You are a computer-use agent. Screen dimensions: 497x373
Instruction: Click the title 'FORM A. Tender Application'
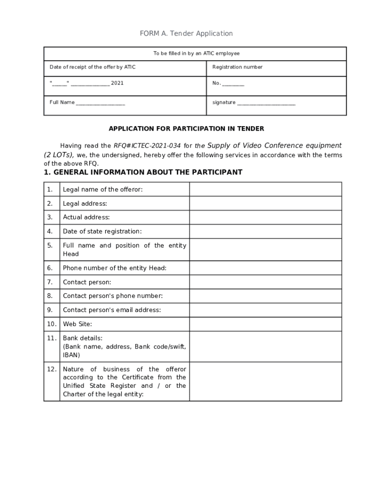[x=186, y=33]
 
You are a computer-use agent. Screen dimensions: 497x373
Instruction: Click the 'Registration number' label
[x=237, y=67]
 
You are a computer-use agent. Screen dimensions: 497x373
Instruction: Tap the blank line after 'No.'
[x=233, y=84]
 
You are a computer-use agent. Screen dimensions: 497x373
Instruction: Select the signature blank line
[x=266, y=103]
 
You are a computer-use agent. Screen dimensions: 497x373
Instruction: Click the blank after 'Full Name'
[x=100, y=103]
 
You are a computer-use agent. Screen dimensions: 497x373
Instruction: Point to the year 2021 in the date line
[x=117, y=83]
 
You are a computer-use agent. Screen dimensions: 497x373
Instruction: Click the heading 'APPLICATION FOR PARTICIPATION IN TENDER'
[x=186, y=129]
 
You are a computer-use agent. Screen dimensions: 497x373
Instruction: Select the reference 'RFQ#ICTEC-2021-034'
[x=147, y=146]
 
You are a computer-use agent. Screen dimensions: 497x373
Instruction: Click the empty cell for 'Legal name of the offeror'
[x=265, y=189]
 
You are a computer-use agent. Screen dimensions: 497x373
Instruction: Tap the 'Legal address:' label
[x=85, y=203]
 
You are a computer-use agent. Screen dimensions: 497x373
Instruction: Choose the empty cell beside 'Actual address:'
[x=265, y=217]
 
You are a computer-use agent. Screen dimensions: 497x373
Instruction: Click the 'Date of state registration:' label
[x=102, y=232]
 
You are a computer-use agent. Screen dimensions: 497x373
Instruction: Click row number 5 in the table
[x=50, y=246]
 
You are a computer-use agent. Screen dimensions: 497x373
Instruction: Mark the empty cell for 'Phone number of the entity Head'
[x=265, y=268]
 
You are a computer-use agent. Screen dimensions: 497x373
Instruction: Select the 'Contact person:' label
[x=87, y=282]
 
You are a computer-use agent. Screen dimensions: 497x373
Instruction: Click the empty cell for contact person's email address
[x=265, y=310]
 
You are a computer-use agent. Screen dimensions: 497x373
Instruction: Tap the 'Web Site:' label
[x=78, y=324]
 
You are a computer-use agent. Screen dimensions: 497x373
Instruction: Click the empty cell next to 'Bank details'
[x=265, y=347]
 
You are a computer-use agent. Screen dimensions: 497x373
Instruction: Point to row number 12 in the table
[x=52, y=369]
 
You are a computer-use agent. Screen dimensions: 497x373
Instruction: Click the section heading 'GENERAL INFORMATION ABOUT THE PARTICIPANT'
[x=148, y=172]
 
